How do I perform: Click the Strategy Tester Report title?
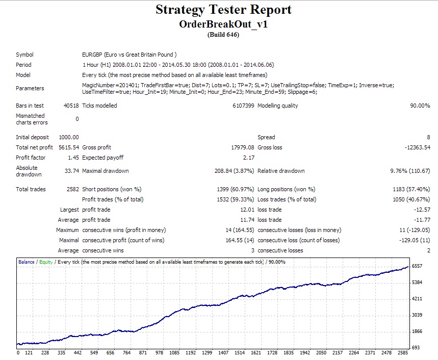tap(223, 10)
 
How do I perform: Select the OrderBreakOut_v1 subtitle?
tap(223, 24)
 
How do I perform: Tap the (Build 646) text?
tap(223, 35)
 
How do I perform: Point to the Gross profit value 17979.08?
tap(243, 147)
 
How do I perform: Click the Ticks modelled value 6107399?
tap(243, 106)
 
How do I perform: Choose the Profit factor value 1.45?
tap(73, 158)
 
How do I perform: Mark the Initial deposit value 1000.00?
tap(69, 137)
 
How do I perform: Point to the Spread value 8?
tap(428, 137)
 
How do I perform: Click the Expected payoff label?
tap(102, 158)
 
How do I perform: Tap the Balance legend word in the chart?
tap(27, 262)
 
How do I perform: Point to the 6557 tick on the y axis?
tap(418, 266)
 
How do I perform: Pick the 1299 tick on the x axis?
tap(207, 353)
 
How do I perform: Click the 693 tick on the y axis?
tap(416, 347)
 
